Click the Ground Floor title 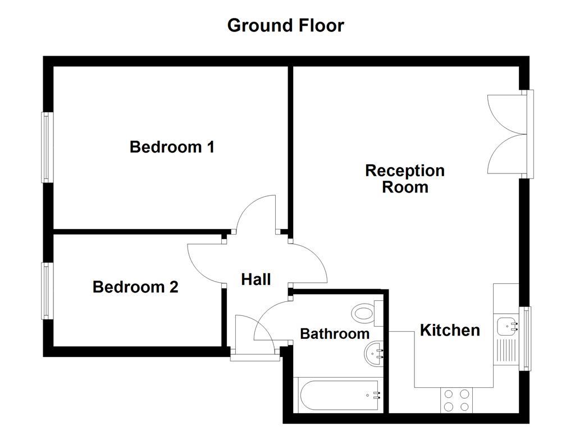pos(285,25)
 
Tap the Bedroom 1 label pos(172,147)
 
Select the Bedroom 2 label pos(135,287)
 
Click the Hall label pos(256,279)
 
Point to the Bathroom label pos(335,334)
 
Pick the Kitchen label pos(450,330)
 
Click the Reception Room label pos(405,178)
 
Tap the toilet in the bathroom pos(366,313)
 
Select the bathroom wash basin pos(374,353)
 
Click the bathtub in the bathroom pos(339,396)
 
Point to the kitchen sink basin pos(506,324)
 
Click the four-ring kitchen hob pos(456,401)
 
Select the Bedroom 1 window pos(46,147)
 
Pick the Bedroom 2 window pos(46,291)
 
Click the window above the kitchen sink pos(526,338)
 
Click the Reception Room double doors pos(508,134)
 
